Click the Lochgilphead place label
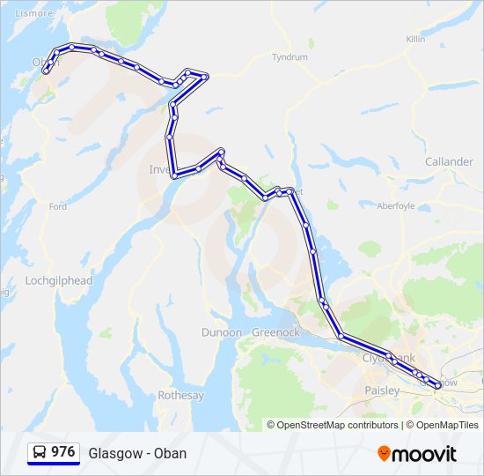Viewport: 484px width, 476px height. pyautogui.click(x=59, y=280)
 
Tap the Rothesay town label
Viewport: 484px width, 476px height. pyautogui.click(x=181, y=396)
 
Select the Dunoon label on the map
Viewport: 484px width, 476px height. pyautogui.click(x=221, y=332)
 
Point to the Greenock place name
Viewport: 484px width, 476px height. pyautogui.click(x=275, y=332)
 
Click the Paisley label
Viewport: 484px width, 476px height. pyautogui.click(x=381, y=390)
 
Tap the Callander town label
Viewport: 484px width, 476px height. pyautogui.click(x=449, y=162)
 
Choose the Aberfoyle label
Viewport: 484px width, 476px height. pyautogui.click(x=395, y=206)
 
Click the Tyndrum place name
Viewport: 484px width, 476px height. pyautogui.click(x=290, y=57)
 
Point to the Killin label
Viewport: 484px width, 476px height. pyautogui.click(x=415, y=40)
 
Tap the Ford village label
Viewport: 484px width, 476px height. pyautogui.click(x=58, y=207)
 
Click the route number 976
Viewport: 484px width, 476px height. pyautogui.click(x=62, y=451)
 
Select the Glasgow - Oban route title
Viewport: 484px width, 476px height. pyautogui.click(x=137, y=453)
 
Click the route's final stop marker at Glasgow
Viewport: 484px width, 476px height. pyautogui.click(x=437, y=385)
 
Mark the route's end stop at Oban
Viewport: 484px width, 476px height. pyautogui.click(x=46, y=71)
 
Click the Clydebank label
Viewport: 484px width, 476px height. pyautogui.click(x=388, y=359)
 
